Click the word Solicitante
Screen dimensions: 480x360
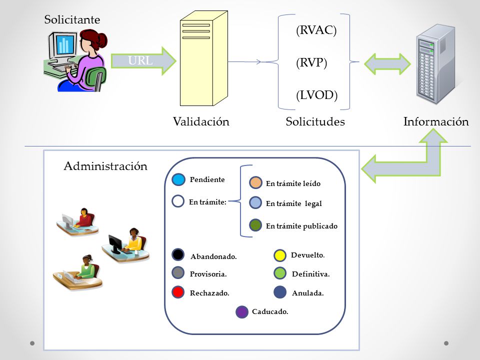(x=72, y=19)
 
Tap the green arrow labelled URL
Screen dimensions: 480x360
(x=143, y=61)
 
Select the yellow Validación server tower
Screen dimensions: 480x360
(x=204, y=58)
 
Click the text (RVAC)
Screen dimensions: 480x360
(x=316, y=30)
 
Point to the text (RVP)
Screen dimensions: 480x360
(x=311, y=62)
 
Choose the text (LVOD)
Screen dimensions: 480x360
(x=317, y=95)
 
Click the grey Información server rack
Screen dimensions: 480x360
(x=435, y=64)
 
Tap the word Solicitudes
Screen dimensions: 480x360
(x=315, y=121)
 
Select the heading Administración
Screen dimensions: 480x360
(x=105, y=166)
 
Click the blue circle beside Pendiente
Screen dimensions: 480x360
(x=178, y=179)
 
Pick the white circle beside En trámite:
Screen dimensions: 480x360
(x=178, y=201)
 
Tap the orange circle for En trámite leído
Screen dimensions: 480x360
(x=255, y=183)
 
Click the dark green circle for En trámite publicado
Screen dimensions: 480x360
(x=255, y=225)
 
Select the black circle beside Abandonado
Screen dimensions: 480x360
(x=178, y=254)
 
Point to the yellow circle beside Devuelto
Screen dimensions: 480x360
(x=280, y=255)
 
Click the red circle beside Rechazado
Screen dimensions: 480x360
(x=178, y=292)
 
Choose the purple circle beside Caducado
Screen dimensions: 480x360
(x=242, y=312)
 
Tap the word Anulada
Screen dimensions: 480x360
(x=307, y=293)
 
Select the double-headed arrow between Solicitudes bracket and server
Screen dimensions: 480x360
(x=387, y=64)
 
